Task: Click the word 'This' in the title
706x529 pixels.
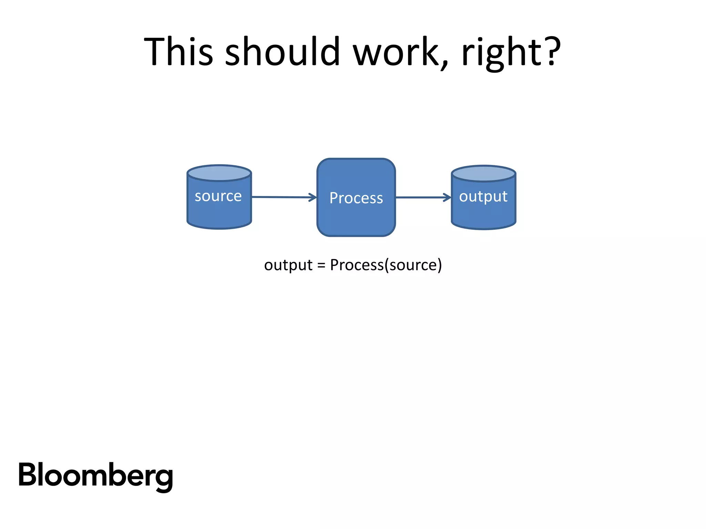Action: [x=178, y=52]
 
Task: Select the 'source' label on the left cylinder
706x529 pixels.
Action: [x=218, y=196]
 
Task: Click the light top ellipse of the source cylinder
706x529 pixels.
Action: [x=219, y=173]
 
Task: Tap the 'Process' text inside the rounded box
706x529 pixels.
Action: [x=356, y=198]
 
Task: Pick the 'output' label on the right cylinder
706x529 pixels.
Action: [x=483, y=197]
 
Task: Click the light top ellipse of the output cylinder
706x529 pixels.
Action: [x=483, y=174]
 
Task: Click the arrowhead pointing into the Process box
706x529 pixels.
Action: [x=313, y=197]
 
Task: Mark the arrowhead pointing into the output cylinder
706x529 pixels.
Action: [x=447, y=197]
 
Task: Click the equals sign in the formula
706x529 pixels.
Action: [x=321, y=266]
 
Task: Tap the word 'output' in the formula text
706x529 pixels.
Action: [x=288, y=265]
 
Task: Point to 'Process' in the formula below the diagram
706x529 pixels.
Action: [x=357, y=265]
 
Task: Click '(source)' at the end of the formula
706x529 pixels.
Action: [x=413, y=265]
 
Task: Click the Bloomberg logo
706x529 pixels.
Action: [x=95, y=476]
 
